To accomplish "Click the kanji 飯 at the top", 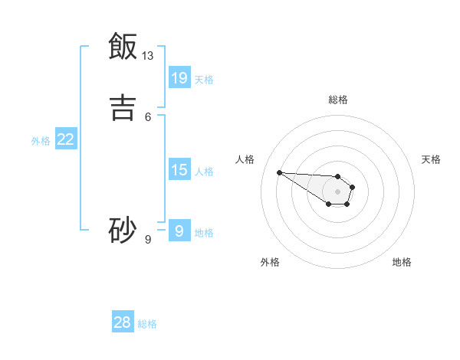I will (x=123, y=46).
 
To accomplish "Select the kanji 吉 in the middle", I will (x=123, y=106).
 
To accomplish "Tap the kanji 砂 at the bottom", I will (x=123, y=230).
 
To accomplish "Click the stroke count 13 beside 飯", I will (x=148, y=56).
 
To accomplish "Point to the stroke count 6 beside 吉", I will (x=148, y=116).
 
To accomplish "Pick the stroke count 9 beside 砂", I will (x=148, y=240).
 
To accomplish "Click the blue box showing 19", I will (x=179, y=77).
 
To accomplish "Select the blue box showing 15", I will (x=179, y=169).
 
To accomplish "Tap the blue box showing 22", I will (x=66, y=139).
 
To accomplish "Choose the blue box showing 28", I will (x=123, y=322).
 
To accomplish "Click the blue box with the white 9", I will (x=179, y=231).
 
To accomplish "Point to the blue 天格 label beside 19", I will (x=204, y=79).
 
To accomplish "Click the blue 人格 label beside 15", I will (x=204, y=171).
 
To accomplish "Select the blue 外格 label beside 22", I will (x=41, y=141).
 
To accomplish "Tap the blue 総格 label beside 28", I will (x=147, y=324).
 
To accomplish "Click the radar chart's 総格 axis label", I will (x=338, y=100).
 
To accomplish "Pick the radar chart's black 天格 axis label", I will (x=431, y=159).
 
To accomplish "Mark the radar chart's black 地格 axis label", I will (x=402, y=262).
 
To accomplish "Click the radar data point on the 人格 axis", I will (x=279, y=172).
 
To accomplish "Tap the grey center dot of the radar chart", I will (x=338, y=191).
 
